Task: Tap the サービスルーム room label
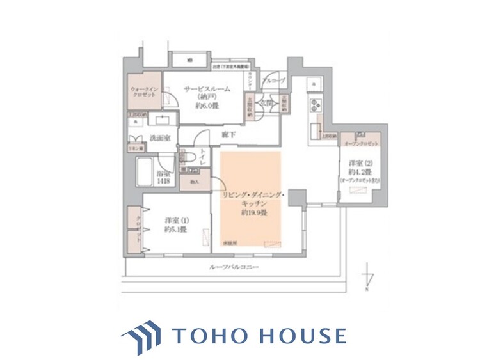tap(207, 90)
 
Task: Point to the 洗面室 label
tap(159, 137)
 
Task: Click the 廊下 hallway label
tap(228, 135)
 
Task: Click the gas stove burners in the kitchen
tap(316, 104)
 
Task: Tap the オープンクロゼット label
tap(362, 145)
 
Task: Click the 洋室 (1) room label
tap(175, 221)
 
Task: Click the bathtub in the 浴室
tap(146, 173)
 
